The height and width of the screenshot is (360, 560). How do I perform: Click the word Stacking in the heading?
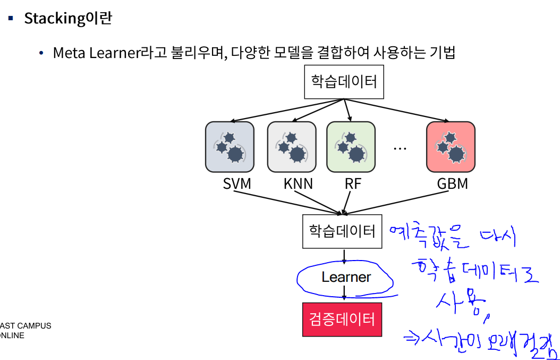[x=55, y=19]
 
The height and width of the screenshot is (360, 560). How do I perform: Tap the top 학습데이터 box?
[x=344, y=82]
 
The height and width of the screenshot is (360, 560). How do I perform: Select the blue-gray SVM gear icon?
[x=229, y=147]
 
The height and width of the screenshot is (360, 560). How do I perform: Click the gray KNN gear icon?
[x=291, y=147]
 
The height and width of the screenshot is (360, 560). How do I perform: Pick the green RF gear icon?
[x=351, y=147]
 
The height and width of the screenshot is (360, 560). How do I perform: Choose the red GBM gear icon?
[x=451, y=147]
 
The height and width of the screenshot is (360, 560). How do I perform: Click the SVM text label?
[x=237, y=184]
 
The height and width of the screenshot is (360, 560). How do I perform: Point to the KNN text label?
[x=298, y=184]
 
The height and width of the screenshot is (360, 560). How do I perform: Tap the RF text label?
[x=353, y=184]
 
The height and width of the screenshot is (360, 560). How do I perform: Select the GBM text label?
[x=453, y=184]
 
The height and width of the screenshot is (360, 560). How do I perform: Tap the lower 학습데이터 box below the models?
[x=342, y=231]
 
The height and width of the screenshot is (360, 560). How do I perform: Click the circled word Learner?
[x=346, y=277]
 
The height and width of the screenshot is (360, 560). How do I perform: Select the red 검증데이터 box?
[x=342, y=319]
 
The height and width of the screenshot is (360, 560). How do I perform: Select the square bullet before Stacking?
[x=11, y=19]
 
